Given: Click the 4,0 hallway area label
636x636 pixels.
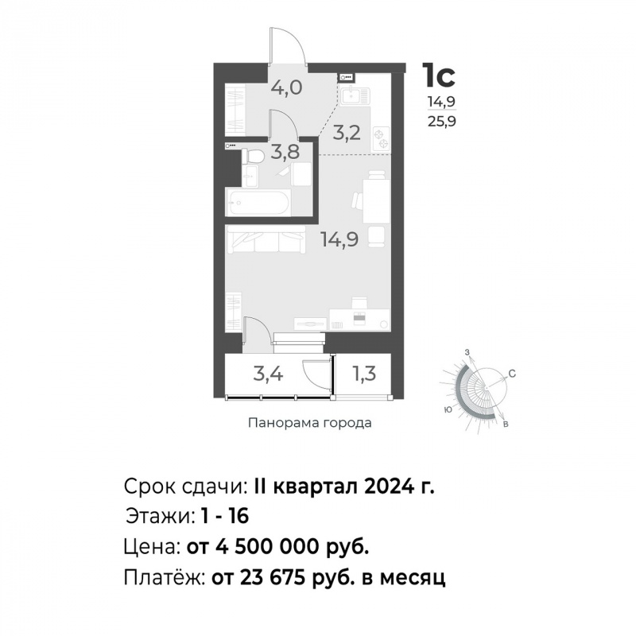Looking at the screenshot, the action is click(287, 87).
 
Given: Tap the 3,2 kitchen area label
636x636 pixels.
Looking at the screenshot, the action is click(347, 133).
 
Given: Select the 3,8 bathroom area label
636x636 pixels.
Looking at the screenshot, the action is click(285, 152).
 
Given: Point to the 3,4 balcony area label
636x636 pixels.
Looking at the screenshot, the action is click(268, 373).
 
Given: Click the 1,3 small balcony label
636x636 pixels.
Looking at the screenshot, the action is click(364, 373).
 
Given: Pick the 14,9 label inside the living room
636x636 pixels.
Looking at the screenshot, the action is click(339, 239).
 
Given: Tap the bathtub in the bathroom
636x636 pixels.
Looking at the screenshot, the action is click(258, 203).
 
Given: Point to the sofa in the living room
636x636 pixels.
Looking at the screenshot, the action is click(266, 239).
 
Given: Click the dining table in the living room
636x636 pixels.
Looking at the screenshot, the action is click(376, 200).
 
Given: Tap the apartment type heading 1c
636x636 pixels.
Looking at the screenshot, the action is click(439, 75).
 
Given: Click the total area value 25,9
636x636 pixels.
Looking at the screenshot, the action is click(442, 121).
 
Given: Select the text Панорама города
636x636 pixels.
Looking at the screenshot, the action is click(310, 423).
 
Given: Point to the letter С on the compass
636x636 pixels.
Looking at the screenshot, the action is click(512, 374).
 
